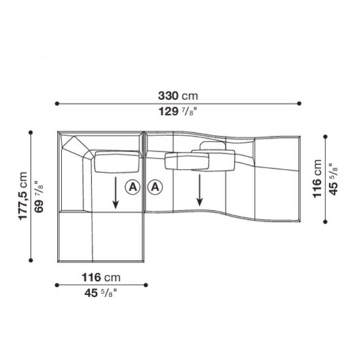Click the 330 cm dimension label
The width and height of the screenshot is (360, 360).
click(178, 96)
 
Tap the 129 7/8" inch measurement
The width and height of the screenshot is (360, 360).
click(178, 112)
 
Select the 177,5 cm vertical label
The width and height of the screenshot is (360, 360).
click(23, 196)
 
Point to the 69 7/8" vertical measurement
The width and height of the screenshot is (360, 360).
click(39, 197)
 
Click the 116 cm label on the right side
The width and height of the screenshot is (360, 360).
click(317, 179)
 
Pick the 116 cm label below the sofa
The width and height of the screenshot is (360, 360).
click(101, 278)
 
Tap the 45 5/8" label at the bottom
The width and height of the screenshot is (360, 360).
click(101, 293)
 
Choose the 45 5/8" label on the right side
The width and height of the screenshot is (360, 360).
click(333, 179)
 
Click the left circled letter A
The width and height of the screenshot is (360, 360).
click(132, 187)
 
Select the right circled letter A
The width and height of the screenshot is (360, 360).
click(155, 187)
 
